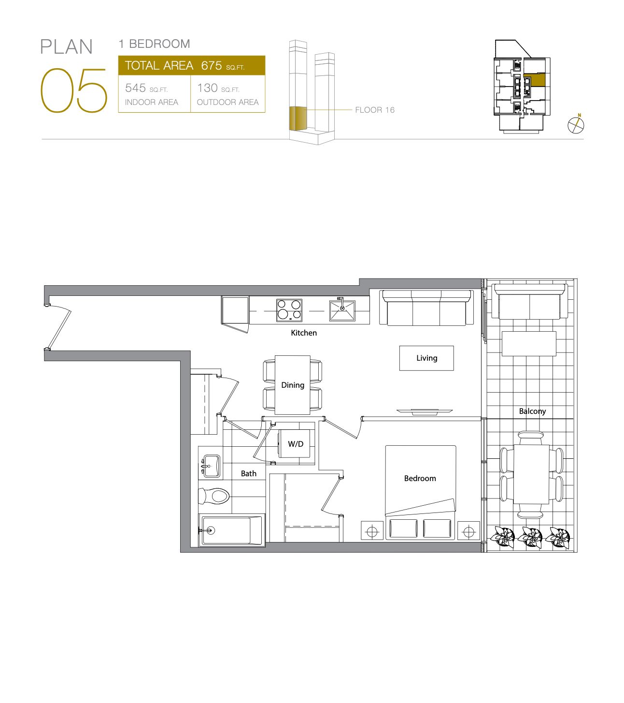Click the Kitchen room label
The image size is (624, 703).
(x=304, y=333)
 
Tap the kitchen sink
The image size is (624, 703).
(x=342, y=310)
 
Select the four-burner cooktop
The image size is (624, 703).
(x=289, y=310)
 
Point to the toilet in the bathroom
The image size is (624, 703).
(x=214, y=496)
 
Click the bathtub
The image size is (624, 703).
(x=232, y=530)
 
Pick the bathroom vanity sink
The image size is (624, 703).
(x=211, y=466)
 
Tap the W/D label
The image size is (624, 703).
(x=296, y=444)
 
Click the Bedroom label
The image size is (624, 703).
(x=420, y=478)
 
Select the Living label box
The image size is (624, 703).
(x=426, y=358)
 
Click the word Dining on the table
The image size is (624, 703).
(x=293, y=385)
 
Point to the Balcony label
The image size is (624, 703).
(x=532, y=411)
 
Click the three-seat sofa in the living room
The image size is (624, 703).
(x=426, y=308)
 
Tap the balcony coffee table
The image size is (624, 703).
(x=529, y=343)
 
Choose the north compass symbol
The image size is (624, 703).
(x=576, y=124)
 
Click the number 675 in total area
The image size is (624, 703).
(x=211, y=65)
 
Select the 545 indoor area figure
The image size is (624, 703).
(x=135, y=88)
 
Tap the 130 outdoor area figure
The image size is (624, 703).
(x=207, y=88)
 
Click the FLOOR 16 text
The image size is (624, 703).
(x=375, y=110)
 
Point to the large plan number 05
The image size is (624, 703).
(x=73, y=90)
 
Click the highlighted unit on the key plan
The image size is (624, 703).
(x=534, y=80)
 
